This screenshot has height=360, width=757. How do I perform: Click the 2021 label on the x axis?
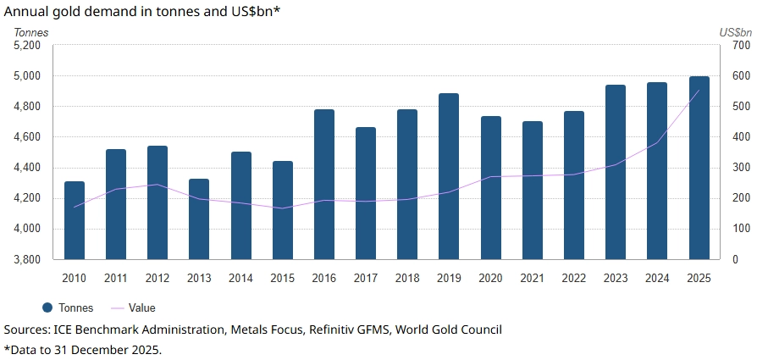533,278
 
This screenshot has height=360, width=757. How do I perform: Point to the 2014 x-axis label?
240,278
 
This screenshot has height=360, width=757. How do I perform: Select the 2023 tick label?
616,278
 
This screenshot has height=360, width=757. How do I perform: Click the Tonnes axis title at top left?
31,32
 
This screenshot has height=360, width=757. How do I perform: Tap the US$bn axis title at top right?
735,32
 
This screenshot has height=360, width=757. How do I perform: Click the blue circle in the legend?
47,308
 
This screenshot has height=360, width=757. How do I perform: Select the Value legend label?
142,308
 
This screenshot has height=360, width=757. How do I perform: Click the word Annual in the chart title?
27,11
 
